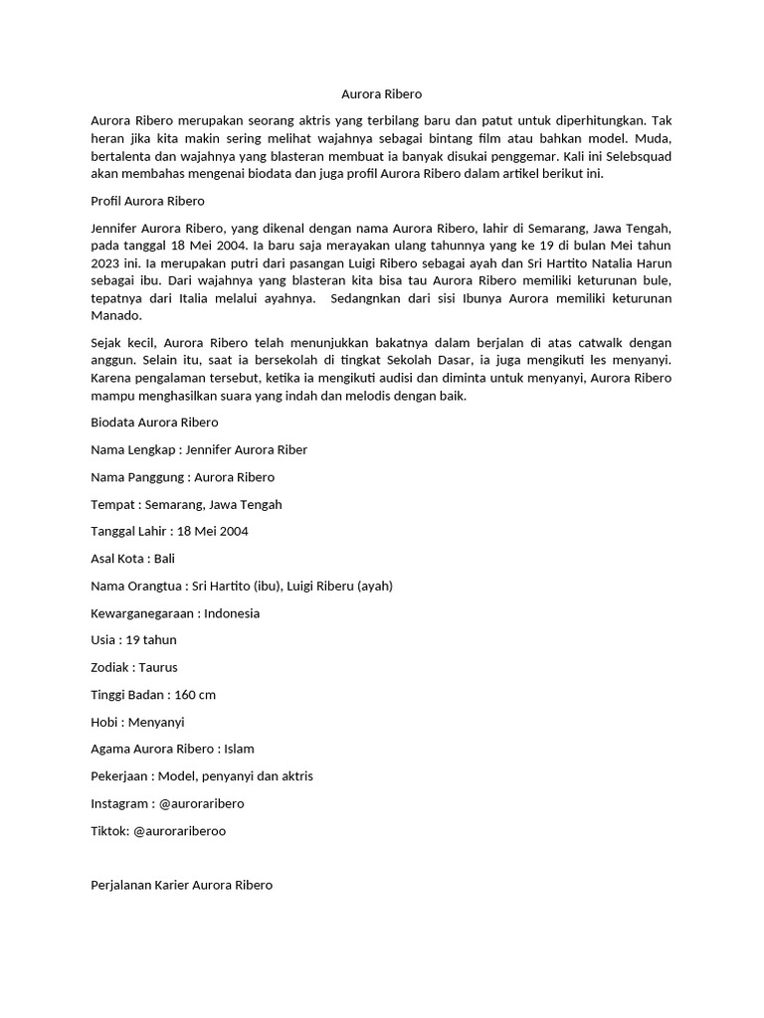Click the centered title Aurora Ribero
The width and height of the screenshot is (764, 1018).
pos(381,94)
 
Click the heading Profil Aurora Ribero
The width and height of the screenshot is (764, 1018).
pos(147,201)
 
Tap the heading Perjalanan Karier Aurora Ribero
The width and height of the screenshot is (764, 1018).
pos(181,885)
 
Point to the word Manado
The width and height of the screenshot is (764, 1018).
pos(116,316)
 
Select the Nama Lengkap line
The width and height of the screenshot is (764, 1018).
pos(199,449)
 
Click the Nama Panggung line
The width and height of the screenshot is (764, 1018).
pos(183,477)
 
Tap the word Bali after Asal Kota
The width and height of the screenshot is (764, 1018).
pos(164,559)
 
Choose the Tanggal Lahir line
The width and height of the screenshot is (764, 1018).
pos(169,531)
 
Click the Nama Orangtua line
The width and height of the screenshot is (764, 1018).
pos(242,586)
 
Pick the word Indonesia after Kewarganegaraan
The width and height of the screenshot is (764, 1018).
pos(232,613)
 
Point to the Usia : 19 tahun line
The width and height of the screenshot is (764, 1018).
pos(133,640)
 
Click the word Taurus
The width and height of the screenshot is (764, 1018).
pos(158,667)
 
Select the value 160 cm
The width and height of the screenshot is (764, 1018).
pos(195,695)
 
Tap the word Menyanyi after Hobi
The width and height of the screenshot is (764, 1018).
pos(156,722)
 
